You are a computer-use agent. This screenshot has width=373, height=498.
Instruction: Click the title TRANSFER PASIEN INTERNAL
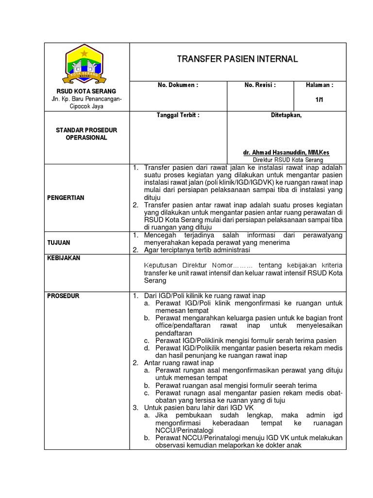tap(237, 59)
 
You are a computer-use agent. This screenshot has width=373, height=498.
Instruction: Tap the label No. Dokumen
tap(178, 85)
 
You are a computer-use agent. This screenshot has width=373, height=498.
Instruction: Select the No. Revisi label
tap(260, 85)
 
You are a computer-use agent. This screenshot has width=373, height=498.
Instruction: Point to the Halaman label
tap(319, 85)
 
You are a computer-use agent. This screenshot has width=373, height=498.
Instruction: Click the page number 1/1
tap(319, 99)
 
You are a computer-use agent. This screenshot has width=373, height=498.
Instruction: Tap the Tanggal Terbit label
tap(178, 115)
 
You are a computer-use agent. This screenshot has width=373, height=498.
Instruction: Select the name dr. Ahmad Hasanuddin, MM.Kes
tap(286, 152)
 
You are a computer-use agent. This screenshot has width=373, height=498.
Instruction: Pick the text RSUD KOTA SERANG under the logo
tap(86, 91)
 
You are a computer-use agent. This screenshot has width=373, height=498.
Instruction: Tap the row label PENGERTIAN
tap(66, 198)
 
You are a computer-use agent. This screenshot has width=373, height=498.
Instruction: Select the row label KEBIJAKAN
tap(63, 258)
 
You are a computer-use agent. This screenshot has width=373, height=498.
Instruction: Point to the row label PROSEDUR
tap(63, 296)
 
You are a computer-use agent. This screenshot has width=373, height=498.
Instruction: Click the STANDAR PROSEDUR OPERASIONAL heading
tap(86, 134)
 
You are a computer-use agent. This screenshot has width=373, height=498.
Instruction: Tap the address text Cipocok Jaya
tap(86, 107)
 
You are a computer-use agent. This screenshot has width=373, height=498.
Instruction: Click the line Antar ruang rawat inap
tap(179, 363)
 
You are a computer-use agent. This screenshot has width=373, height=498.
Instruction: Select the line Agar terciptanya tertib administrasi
tap(197, 250)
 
